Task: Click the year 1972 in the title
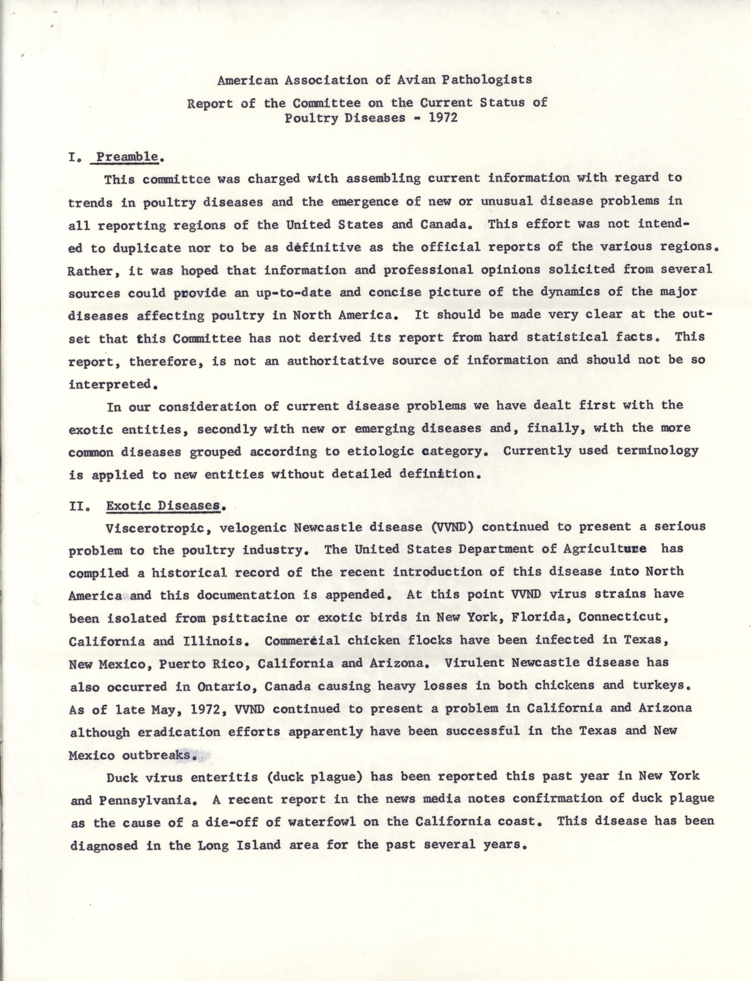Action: (443, 118)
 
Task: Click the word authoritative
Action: (335, 361)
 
